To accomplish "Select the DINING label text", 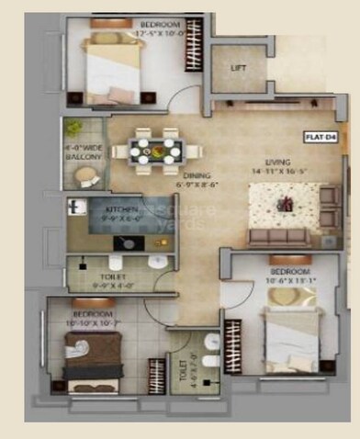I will [197, 175].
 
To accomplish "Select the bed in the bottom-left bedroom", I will [93, 353].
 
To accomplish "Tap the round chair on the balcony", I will [84, 174].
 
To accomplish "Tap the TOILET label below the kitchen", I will [114, 276].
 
